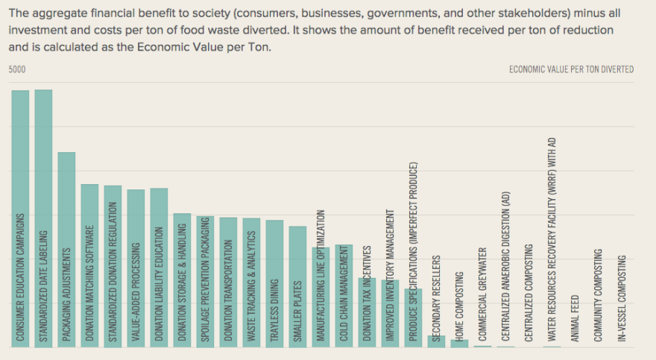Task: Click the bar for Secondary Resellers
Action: [436, 341]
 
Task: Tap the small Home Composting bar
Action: [459, 343]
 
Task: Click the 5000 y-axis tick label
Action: [17, 69]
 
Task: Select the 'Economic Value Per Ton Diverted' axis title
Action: [571, 69]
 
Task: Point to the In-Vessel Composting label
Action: [622, 300]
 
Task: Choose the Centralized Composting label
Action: [529, 293]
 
